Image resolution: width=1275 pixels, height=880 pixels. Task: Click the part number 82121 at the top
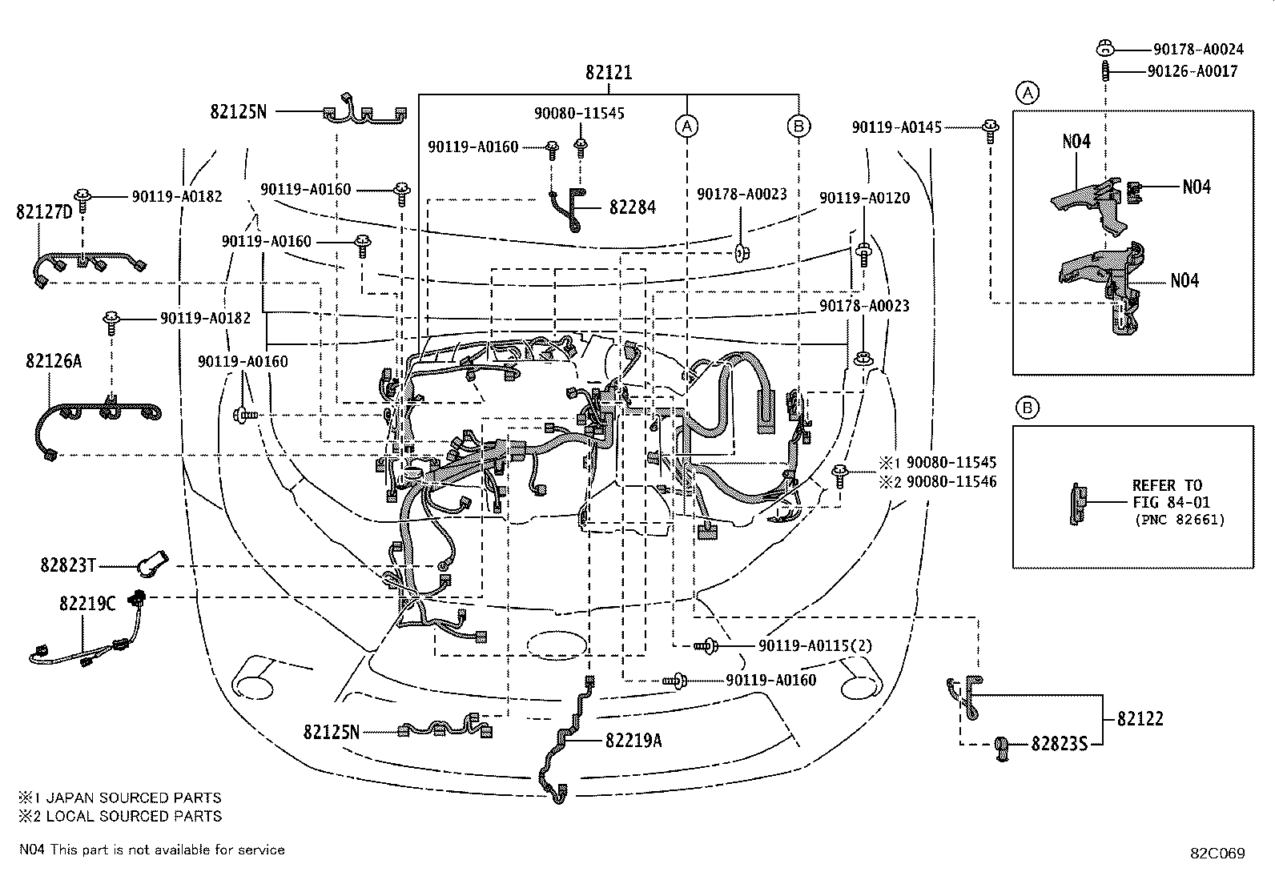(608, 73)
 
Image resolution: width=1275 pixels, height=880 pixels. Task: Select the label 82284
(632, 207)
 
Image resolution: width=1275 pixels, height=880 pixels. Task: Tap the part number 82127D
(44, 212)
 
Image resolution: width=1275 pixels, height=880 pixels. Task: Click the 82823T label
(68, 566)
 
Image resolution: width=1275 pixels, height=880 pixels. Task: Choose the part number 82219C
(86, 604)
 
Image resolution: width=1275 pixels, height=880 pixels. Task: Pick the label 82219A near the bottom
(633, 741)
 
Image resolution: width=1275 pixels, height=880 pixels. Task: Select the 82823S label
(1059, 745)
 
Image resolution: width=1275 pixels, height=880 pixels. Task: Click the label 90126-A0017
(1192, 71)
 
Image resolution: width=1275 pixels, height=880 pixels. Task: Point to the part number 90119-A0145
(896, 127)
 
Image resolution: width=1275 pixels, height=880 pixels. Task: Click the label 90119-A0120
(864, 198)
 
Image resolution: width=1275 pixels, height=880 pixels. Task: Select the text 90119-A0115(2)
(814, 645)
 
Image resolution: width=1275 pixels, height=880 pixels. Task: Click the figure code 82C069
(1217, 854)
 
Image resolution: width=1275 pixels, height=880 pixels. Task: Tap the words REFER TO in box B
(1167, 485)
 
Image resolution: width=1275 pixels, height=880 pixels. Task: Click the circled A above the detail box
(1028, 93)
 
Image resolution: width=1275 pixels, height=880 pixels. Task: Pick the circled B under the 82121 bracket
(798, 126)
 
